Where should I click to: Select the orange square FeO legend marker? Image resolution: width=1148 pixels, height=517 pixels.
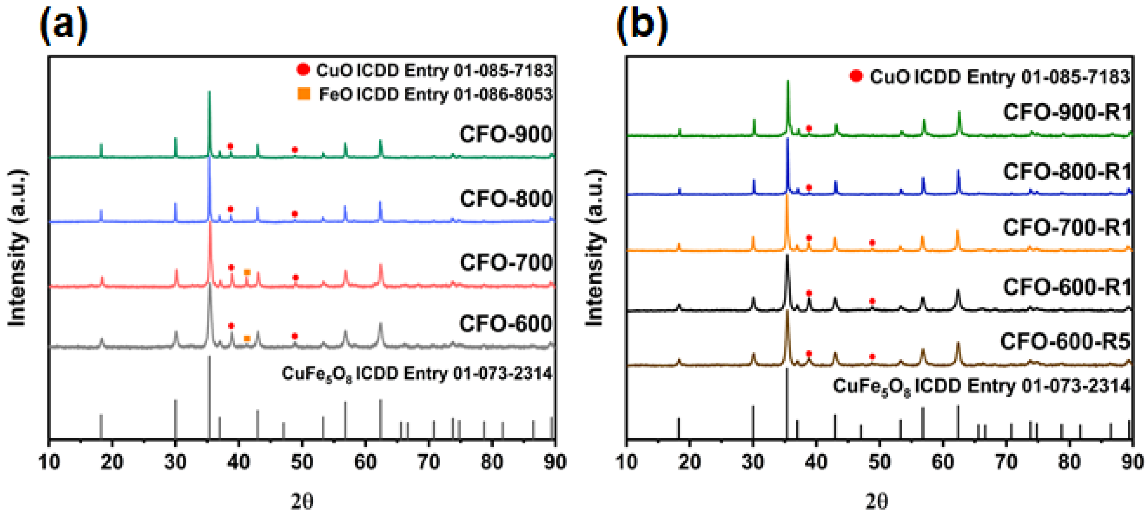click(x=303, y=94)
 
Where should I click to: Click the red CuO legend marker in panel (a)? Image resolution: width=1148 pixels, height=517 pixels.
click(x=303, y=69)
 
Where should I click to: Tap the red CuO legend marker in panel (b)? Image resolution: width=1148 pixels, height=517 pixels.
click(x=856, y=76)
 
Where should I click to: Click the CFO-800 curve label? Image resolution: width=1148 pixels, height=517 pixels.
click(x=505, y=199)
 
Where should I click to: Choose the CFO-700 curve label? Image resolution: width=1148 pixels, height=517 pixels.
click(x=505, y=262)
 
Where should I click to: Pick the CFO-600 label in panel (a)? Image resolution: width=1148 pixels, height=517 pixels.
click(x=505, y=323)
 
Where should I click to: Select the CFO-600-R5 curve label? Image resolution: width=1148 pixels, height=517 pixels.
click(x=1065, y=342)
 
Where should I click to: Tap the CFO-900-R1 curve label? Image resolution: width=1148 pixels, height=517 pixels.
click(x=1066, y=112)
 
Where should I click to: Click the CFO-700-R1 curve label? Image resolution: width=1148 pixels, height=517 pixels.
click(x=1066, y=228)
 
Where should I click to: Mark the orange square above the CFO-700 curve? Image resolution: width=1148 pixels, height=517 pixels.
click(x=247, y=272)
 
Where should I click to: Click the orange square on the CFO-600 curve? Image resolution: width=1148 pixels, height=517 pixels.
click(x=246, y=338)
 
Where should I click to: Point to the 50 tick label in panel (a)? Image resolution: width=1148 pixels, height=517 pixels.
click(x=302, y=462)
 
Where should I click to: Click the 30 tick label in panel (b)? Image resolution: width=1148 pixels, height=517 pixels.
click(x=753, y=462)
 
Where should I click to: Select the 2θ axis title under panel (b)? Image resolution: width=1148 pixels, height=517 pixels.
click(x=876, y=501)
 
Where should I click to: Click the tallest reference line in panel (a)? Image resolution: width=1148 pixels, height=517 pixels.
click(x=209, y=396)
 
